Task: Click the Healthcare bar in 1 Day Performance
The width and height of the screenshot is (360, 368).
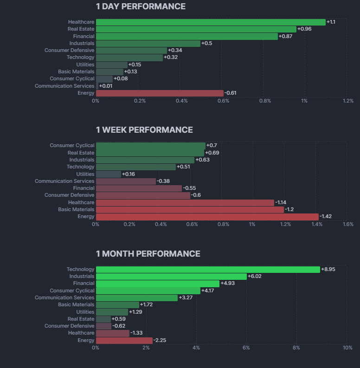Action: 211,22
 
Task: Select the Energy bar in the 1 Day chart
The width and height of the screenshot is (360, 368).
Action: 160,93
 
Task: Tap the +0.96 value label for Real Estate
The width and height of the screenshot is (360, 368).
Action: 304,29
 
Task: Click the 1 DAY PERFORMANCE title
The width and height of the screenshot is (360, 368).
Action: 141,6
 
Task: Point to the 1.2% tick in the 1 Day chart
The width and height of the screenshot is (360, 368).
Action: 348,101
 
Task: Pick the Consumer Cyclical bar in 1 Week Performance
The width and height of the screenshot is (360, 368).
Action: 150,145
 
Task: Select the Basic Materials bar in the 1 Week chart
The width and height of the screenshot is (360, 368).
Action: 190,209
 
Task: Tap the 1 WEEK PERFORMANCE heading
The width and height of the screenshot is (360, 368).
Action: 144,130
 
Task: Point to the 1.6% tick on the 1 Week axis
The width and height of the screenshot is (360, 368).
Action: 348,224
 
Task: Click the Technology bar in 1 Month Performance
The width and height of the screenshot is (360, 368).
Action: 208,269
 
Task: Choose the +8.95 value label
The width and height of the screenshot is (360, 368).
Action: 328,269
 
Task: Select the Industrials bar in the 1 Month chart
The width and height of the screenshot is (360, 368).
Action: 171,276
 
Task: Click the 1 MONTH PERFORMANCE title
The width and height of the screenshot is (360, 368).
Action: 148,254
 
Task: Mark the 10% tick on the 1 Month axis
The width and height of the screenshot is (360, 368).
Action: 347,348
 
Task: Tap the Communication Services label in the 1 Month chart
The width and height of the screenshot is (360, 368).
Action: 64,297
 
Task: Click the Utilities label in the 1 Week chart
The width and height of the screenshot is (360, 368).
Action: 85,174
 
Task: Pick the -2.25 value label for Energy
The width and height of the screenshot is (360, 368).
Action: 160,340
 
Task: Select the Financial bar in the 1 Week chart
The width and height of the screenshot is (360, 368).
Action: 139,188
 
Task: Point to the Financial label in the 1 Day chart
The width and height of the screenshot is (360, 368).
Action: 84,36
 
